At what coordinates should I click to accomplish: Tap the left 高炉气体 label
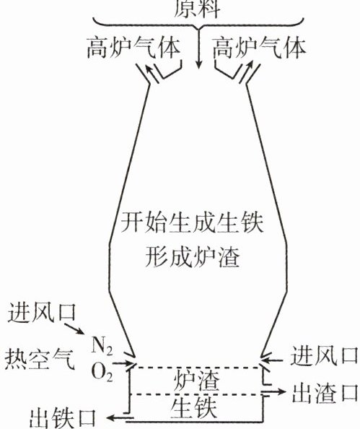pos(133,48)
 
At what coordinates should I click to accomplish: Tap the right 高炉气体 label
pos(259,48)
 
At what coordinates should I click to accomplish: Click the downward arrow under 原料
pos(198,48)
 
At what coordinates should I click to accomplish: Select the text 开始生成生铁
pos(192,222)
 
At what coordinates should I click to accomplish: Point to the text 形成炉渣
pos(192,256)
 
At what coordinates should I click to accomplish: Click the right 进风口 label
pos(324,355)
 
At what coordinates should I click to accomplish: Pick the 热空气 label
pos(40,359)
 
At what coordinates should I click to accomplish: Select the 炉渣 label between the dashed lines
pos(196,381)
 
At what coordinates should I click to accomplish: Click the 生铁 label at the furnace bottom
pos(194,407)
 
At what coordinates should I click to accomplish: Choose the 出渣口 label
pos(325,393)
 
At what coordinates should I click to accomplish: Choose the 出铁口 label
pos(63,419)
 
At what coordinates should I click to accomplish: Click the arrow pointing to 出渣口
pos(273,391)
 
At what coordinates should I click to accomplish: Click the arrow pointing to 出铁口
pos(120,417)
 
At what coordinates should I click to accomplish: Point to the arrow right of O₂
pos(123,364)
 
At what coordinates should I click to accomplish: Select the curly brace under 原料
pos(198,24)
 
